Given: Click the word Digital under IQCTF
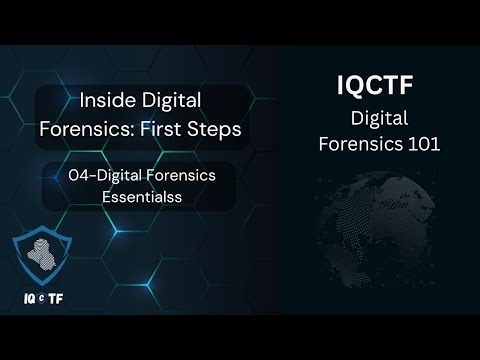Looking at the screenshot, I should pyautogui.click(x=383, y=119).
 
